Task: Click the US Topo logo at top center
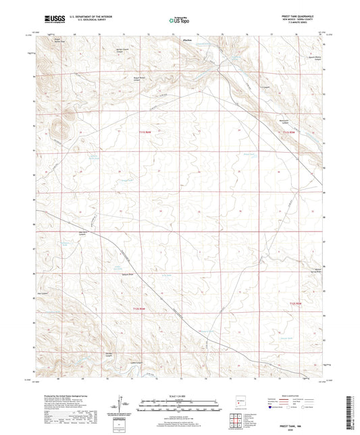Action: point(179,22)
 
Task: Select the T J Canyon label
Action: point(265,86)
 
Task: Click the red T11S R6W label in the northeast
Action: point(288,132)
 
